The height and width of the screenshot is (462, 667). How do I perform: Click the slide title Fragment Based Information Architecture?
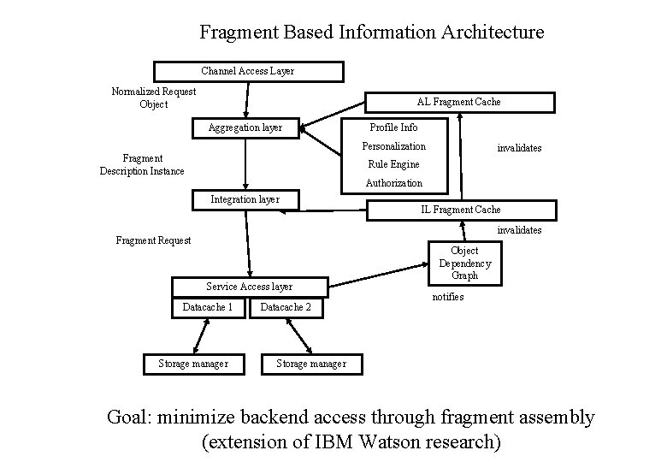tap(371, 33)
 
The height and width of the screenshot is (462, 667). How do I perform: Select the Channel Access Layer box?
tap(248, 71)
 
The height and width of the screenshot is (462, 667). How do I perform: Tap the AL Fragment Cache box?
tap(459, 102)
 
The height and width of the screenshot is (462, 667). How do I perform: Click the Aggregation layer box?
tap(245, 127)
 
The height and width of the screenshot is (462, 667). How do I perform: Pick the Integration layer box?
tap(245, 199)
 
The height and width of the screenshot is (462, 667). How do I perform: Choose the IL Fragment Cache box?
tap(461, 210)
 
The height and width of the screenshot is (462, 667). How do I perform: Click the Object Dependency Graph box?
tap(464, 264)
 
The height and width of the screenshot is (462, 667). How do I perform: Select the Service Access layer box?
tap(249, 287)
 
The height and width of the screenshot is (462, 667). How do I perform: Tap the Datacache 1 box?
tap(208, 307)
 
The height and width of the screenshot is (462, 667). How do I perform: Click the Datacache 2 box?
tap(286, 307)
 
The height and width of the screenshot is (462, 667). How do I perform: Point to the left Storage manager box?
tap(193, 364)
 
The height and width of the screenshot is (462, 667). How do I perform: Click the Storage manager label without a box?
tap(311, 364)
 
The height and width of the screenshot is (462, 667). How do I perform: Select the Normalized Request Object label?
tap(154, 98)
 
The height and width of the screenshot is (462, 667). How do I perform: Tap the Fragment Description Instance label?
tap(142, 164)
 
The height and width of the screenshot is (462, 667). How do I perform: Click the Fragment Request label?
tap(154, 240)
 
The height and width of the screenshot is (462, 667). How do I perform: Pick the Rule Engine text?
tap(393, 164)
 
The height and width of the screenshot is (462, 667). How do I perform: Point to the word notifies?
tap(448, 297)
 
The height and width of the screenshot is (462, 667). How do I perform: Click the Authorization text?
tap(394, 183)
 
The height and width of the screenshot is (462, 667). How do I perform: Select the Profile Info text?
tap(393, 127)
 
